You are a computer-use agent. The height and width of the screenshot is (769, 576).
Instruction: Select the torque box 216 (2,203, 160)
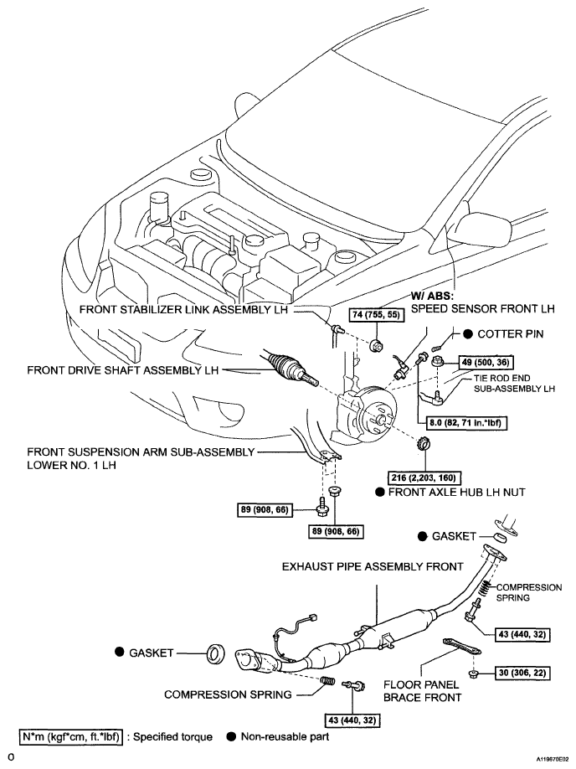pyautogui.click(x=424, y=477)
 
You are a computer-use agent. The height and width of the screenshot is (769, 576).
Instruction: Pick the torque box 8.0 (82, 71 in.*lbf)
pyautogui.click(x=462, y=422)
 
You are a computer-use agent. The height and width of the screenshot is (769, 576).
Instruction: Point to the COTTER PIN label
pyautogui.click(x=511, y=334)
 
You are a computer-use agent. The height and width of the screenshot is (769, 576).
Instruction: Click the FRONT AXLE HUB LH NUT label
pyautogui.click(x=456, y=492)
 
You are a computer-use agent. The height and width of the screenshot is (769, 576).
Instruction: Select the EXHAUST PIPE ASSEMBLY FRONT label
pyautogui.click(x=373, y=567)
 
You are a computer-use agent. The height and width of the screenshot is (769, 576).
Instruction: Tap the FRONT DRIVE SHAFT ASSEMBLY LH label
pyautogui.click(x=122, y=369)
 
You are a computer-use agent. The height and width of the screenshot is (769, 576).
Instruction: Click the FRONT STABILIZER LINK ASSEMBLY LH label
pyautogui.click(x=184, y=309)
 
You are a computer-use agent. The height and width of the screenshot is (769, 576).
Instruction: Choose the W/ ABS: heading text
pyautogui.click(x=433, y=297)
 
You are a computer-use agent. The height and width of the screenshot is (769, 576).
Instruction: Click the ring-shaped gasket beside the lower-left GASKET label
pyautogui.click(x=215, y=653)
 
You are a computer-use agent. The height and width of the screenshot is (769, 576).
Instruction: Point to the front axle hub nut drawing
pyautogui.click(x=423, y=444)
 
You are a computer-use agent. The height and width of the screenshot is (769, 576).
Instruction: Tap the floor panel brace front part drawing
pyautogui.click(x=462, y=647)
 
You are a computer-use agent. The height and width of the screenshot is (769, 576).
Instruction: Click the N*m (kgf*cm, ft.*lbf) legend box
pyautogui.click(x=70, y=736)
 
